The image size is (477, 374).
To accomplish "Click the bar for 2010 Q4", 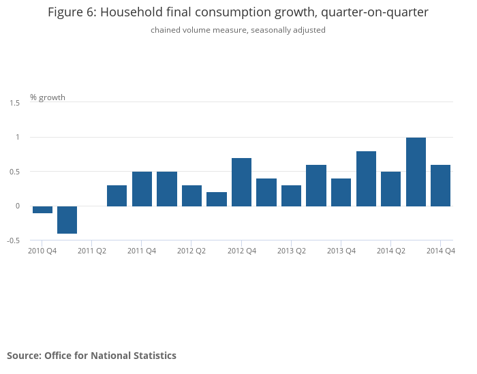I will tap(42, 210).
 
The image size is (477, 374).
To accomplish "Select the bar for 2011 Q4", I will tap(142, 189).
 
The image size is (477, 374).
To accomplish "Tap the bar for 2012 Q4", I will tap(241, 182).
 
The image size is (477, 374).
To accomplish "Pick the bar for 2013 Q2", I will tap(291, 196).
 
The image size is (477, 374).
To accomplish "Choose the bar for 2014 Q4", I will tap(440, 185).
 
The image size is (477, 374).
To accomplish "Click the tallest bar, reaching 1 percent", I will tap(416, 172).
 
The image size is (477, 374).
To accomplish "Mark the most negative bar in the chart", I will tap(67, 219).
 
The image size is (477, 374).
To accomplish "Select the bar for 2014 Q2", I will tap(390, 189).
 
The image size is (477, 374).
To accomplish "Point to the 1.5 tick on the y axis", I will tap(15, 103).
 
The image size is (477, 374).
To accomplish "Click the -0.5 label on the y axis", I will tap(14, 240).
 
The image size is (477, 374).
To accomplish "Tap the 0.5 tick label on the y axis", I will tap(15, 172).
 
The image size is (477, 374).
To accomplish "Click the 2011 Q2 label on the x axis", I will tap(92, 251).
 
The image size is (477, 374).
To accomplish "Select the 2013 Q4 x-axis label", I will tap(341, 251).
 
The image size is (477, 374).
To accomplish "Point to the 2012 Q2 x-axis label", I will tap(191, 251).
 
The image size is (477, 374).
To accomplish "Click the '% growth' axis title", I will tap(48, 97).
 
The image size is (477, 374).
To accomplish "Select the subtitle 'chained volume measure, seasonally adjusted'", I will tap(238, 30).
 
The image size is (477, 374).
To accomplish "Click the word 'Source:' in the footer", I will tap(24, 356).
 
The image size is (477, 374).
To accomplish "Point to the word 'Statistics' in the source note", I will tap(153, 356).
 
